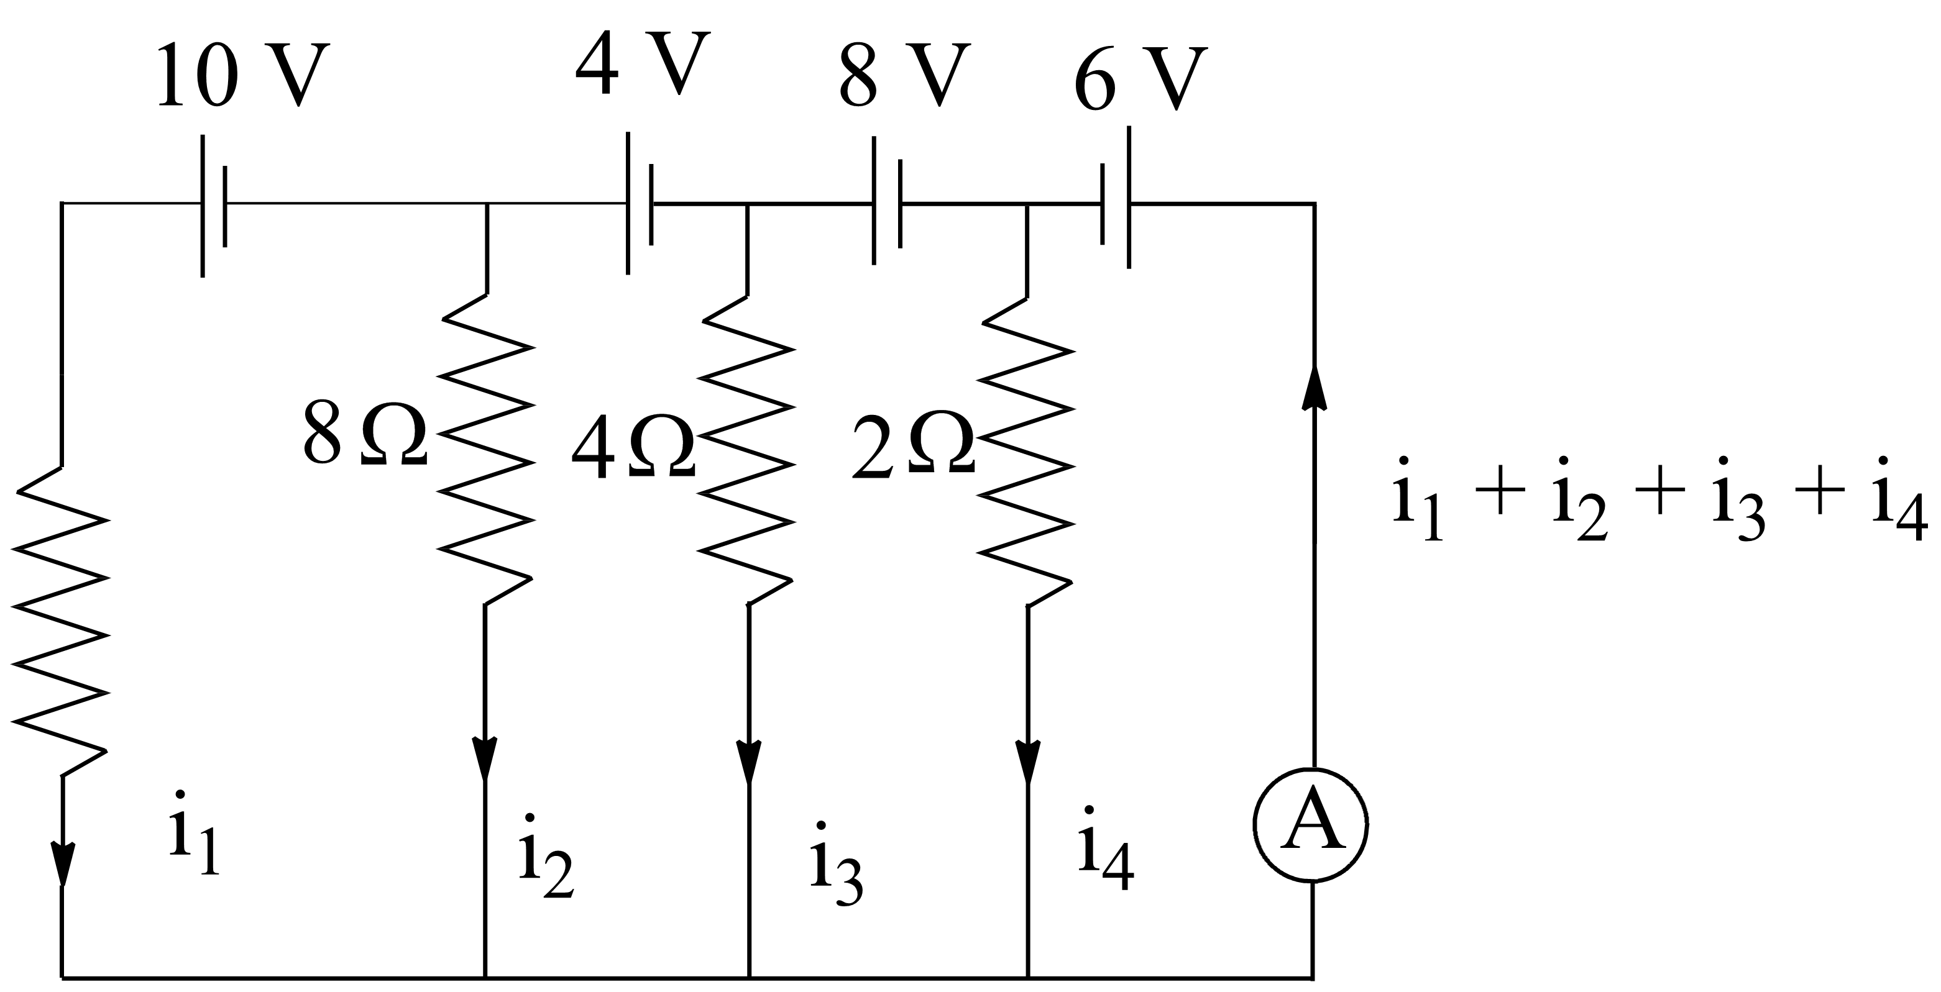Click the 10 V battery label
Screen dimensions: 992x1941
point(242,75)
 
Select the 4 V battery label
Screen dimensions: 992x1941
point(642,63)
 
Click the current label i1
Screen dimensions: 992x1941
point(194,832)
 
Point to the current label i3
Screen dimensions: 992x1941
point(835,863)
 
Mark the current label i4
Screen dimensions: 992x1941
point(1104,847)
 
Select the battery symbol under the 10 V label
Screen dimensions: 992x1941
point(213,205)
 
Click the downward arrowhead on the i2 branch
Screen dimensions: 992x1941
point(485,758)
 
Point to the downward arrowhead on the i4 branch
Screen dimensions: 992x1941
point(1028,761)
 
